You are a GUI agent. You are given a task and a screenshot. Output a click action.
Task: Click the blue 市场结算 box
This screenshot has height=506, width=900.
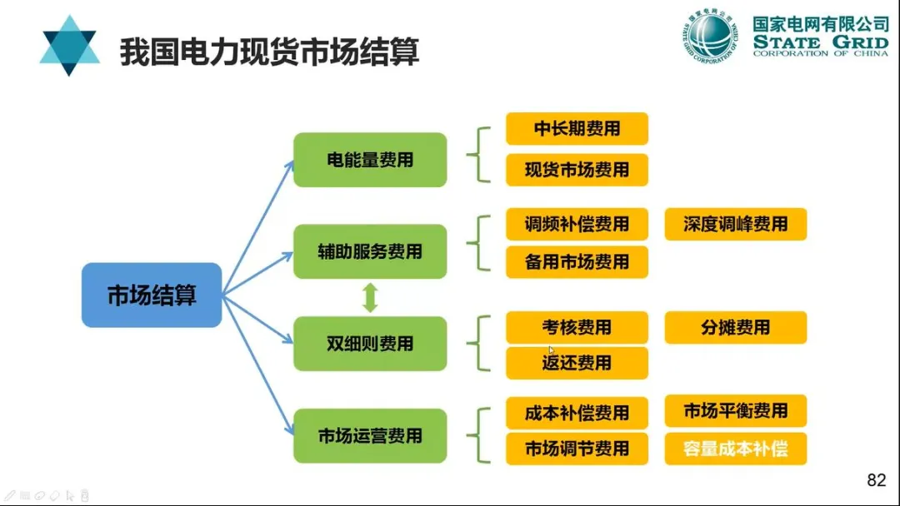[x=152, y=295]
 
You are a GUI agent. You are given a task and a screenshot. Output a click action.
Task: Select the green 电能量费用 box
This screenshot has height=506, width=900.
[x=370, y=160]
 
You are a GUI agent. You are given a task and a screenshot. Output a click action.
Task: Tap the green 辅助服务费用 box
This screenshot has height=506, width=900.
[x=370, y=251]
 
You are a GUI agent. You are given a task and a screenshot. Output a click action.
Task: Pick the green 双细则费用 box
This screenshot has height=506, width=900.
[x=370, y=344]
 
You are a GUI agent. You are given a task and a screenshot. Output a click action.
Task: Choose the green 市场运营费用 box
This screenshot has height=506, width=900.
[x=370, y=435]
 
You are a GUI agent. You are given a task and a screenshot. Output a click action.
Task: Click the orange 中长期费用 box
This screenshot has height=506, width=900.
[x=577, y=129]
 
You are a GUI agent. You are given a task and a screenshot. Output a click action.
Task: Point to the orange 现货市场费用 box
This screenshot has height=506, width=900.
[x=577, y=170]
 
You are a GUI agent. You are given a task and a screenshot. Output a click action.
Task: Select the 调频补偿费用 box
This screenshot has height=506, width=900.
[x=577, y=225]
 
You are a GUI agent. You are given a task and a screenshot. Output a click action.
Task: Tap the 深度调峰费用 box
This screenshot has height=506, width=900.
[x=735, y=225]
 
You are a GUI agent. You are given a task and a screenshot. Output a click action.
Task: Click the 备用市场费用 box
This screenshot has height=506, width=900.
[x=577, y=262]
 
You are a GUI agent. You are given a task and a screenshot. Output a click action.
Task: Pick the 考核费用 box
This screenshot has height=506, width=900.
[x=577, y=328]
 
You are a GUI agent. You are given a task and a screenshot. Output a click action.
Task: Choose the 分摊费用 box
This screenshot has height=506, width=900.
[x=735, y=328]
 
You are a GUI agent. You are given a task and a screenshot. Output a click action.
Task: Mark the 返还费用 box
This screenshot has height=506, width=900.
[x=577, y=363]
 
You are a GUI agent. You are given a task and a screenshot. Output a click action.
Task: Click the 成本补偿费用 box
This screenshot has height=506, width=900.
[x=577, y=414]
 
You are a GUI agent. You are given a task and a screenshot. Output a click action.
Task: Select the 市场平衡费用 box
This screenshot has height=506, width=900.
[x=735, y=411]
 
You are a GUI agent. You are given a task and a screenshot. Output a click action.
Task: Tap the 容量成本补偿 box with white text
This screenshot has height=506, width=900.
[x=735, y=449]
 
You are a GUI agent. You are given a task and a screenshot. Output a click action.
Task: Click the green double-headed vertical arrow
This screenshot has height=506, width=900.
[x=371, y=297]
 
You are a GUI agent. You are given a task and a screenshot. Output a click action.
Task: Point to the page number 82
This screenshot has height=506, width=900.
[x=876, y=480]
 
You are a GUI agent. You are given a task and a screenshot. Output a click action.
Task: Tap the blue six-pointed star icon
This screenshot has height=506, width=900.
[x=69, y=46]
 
